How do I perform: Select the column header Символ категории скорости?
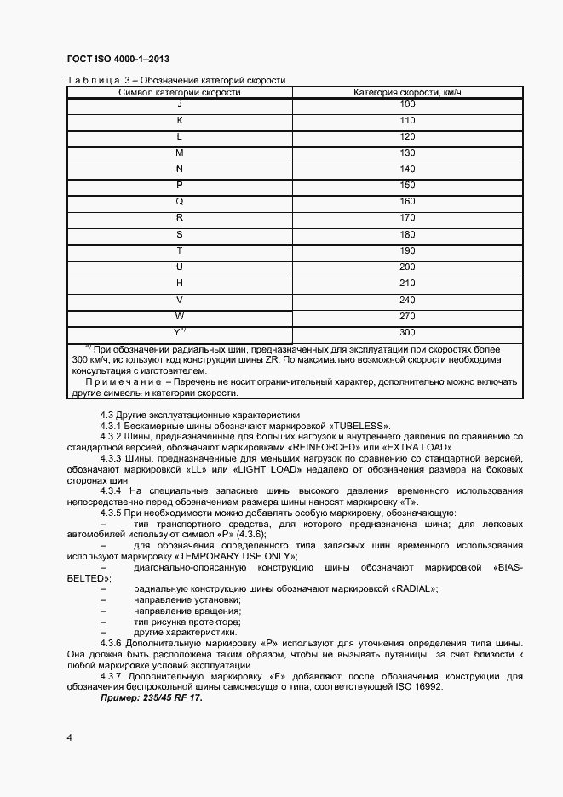tap(179, 92)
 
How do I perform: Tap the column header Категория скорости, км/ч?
tap(407, 92)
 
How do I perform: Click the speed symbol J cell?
tap(179, 104)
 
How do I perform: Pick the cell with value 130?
tap(407, 152)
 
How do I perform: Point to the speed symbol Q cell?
tap(179, 202)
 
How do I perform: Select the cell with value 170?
tap(407, 218)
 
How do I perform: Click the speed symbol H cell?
tap(179, 284)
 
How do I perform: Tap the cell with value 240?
tap(407, 300)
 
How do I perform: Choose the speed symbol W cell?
tap(179, 316)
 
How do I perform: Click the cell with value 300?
tap(407, 333)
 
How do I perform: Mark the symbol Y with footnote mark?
tap(180, 333)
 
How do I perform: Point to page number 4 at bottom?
tap(70, 737)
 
